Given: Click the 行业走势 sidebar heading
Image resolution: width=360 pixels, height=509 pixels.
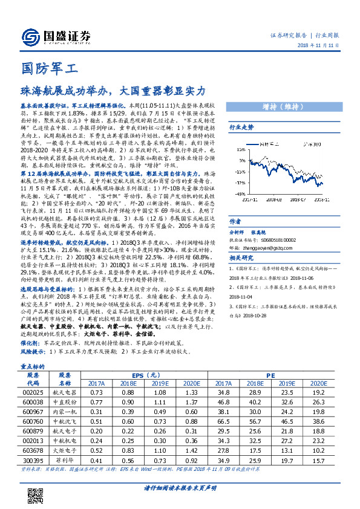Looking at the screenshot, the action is point(240,128).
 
